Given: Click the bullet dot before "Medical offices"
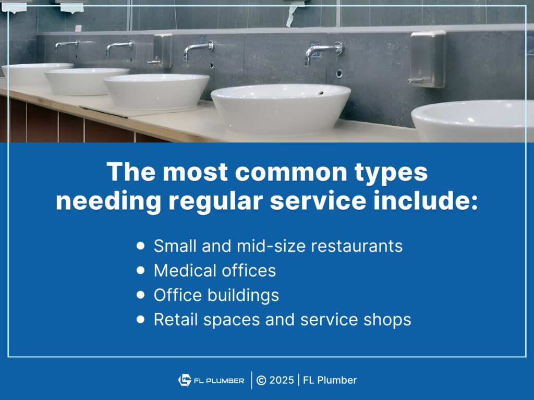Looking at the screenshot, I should point(140,270).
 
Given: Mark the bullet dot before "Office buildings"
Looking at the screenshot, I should point(140,295).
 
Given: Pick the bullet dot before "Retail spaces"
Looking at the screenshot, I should point(140,319).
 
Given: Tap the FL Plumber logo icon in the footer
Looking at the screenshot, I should point(185,380).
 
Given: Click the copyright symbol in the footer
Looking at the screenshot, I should point(262,380).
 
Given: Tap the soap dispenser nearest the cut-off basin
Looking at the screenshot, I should point(428,58).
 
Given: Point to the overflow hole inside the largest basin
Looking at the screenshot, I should point(320,93).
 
